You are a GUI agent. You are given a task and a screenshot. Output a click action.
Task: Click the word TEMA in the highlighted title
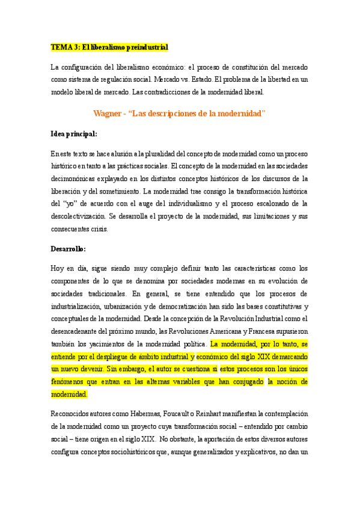[x=60, y=47]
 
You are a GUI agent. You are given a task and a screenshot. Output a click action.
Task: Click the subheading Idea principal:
[x=74, y=134]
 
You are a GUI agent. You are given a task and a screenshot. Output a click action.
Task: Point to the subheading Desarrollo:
[x=69, y=248]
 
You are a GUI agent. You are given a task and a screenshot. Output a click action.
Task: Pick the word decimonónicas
[x=76, y=178]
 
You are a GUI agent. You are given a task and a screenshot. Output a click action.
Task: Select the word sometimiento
[x=120, y=191]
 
